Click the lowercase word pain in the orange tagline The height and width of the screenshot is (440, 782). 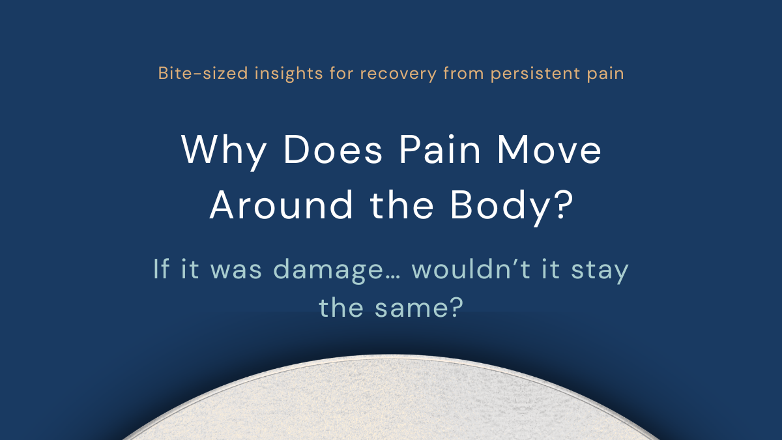[605, 73]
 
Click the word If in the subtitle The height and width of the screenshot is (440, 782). [161, 269]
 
